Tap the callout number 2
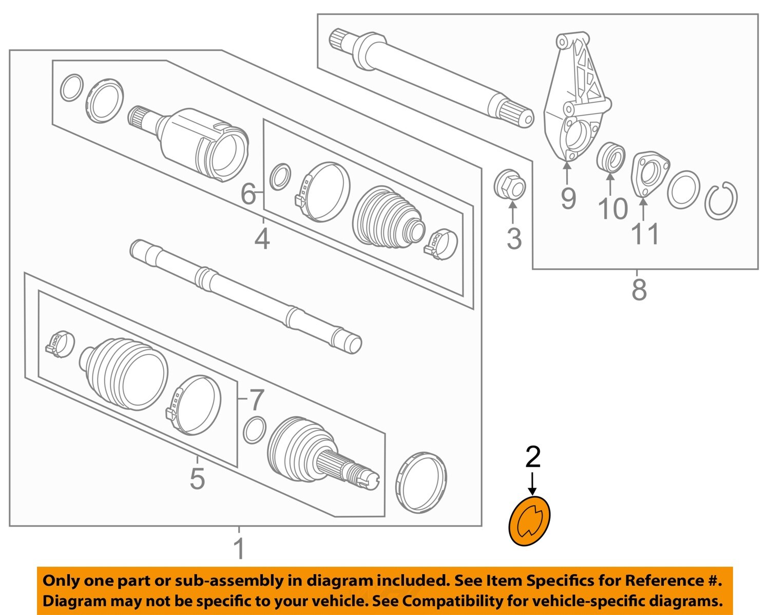click(x=533, y=457)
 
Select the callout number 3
click(x=514, y=239)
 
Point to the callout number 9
click(x=568, y=198)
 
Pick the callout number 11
click(x=645, y=234)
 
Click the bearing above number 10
click(x=610, y=157)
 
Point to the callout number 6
click(x=248, y=194)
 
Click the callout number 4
click(x=262, y=239)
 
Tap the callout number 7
click(x=257, y=400)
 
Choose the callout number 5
click(x=197, y=478)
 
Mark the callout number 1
click(x=239, y=548)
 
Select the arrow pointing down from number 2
click(x=533, y=484)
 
